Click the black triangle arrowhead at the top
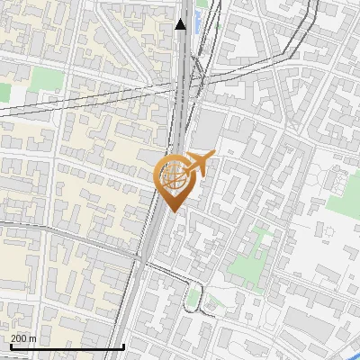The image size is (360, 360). click(181, 24)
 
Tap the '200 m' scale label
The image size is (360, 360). click(24, 338)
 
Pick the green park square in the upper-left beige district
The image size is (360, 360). click(45, 79)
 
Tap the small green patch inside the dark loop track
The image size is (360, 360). click(194, 298)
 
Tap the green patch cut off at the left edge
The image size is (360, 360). click(4, 92)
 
